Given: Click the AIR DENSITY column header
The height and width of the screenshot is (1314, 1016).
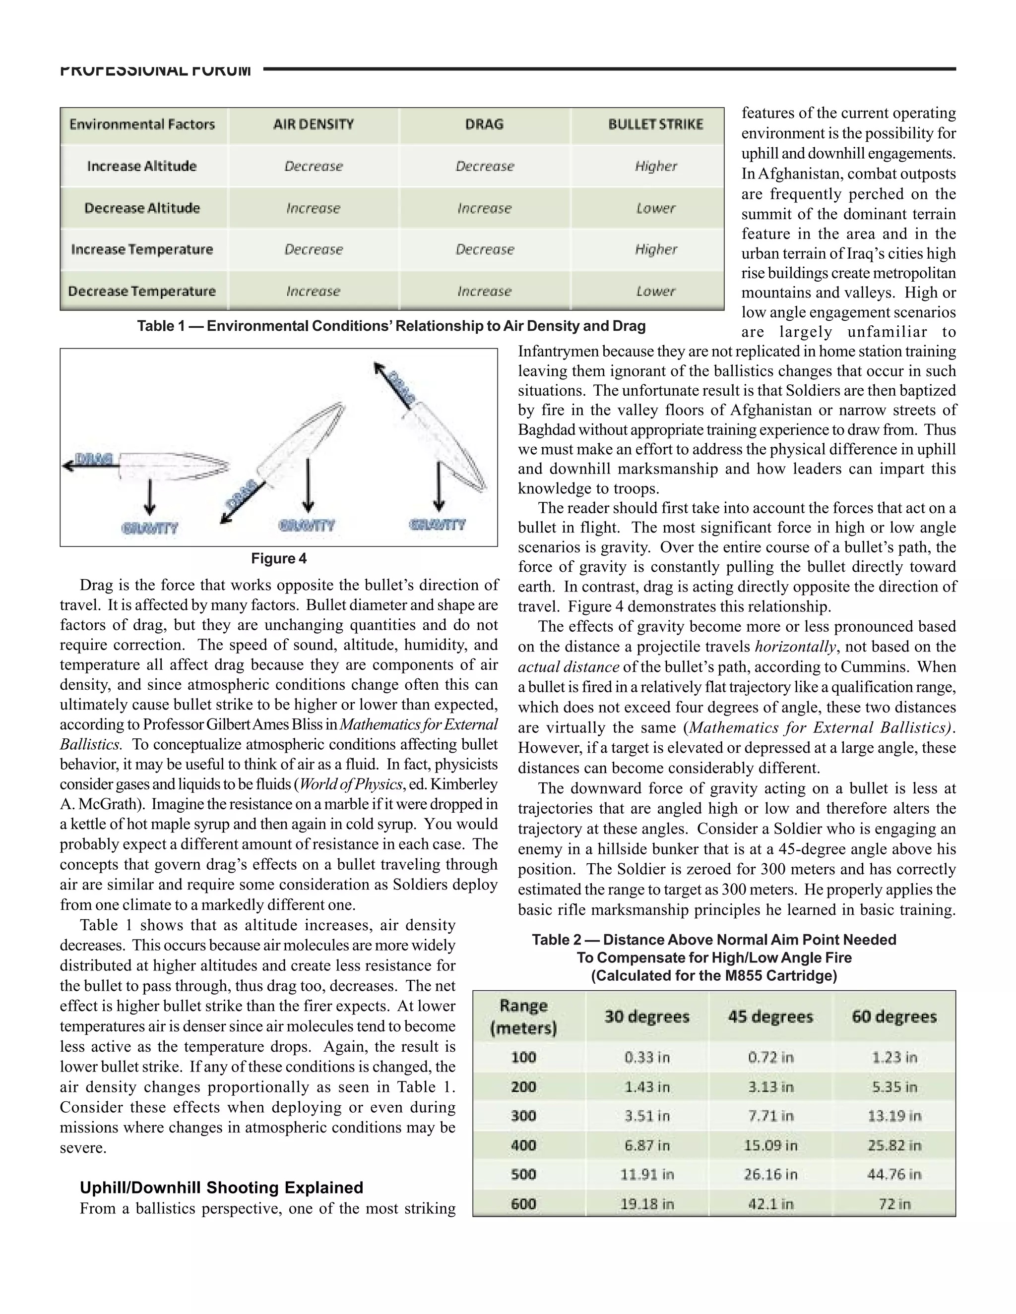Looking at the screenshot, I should click(x=313, y=124).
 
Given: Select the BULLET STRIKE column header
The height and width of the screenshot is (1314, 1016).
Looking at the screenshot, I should click(x=655, y=124).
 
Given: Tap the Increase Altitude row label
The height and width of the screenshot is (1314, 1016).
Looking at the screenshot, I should click(x=142, y=166).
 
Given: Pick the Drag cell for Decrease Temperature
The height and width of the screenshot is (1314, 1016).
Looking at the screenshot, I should click(x=485, y=291).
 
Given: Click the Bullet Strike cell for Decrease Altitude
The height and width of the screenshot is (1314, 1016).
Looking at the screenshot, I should click(x=655, y=208).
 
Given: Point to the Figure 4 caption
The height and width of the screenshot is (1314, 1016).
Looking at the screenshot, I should click(x=279, y=558).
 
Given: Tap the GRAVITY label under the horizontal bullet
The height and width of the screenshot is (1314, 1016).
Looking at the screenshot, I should click(x=150, y=528).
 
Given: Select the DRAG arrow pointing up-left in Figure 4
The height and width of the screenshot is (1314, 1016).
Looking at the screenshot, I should click(x=394, y=385).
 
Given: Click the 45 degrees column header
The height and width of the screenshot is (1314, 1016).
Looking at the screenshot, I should click(x=770, y=1017).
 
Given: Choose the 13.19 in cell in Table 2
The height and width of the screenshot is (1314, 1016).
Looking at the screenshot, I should click(x=894, y=1116).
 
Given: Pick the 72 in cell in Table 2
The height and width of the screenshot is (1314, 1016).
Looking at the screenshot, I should click(x=894, y=1204).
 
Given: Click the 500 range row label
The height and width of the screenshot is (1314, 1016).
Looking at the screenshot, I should click(x=523, y=1174).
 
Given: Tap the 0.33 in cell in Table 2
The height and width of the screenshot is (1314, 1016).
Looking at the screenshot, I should click(x=647, y=1058).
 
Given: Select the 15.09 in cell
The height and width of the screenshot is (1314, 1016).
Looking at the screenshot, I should click(x=770, y=1145).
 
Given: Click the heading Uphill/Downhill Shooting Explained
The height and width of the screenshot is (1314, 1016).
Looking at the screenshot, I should click(x=221, y=1188).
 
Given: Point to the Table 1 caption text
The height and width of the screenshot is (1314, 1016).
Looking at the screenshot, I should click(x=391, y=326).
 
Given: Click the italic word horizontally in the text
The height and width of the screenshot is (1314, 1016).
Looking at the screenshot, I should click(x=795, y=647).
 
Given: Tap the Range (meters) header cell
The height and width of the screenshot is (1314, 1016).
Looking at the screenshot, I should click(x=523, y=1017).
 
